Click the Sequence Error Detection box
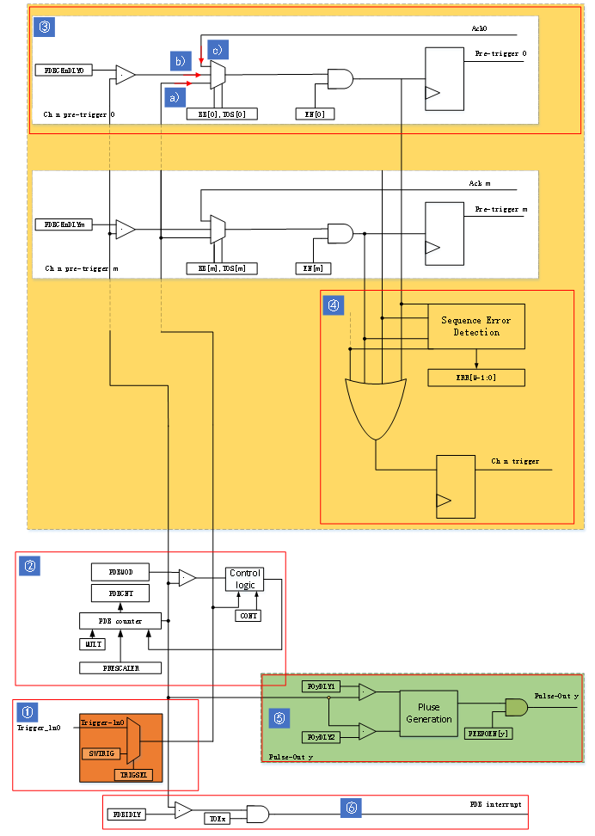475,326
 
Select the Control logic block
245,579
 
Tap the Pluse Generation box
428,713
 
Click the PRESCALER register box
120,667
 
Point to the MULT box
92,643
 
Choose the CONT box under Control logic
248,615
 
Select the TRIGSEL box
134,774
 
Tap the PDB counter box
121,620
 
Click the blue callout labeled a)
175,97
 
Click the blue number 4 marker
334,304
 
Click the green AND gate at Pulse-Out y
517,707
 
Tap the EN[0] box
314,114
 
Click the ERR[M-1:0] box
475,378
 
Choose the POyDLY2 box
322,738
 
